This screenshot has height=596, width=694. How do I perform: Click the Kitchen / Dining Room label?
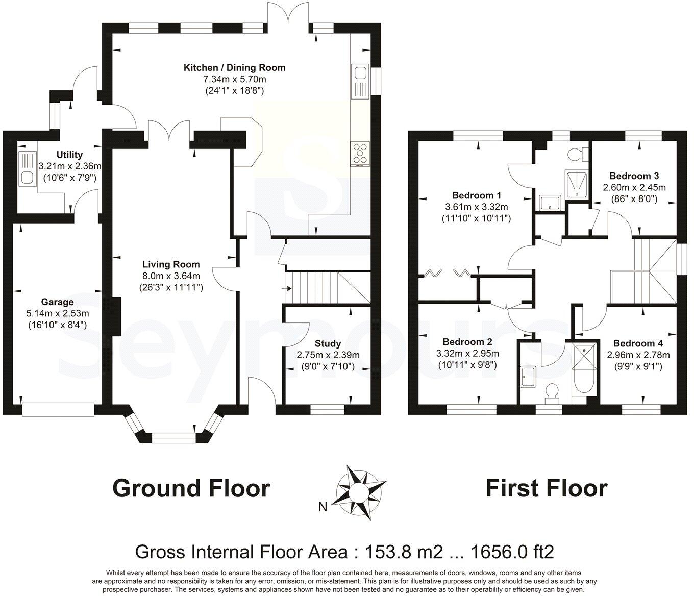coord(234,68)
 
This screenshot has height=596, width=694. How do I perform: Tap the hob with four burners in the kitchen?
coord(360,154)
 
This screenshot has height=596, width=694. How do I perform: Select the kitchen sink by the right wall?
coord(360,82)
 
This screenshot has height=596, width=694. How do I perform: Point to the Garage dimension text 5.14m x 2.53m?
coord(58,314)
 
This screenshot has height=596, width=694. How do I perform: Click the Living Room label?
coord(171,264)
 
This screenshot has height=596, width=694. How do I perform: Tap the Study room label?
coord(328,343)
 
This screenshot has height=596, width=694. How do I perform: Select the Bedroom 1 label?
coord(477,195)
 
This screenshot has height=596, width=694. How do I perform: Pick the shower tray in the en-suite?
coord(577,185)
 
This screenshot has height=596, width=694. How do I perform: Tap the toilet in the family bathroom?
coord(552,393)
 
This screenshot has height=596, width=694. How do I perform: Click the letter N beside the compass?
coord(323,507)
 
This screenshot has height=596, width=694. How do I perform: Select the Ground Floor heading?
coord(191,488)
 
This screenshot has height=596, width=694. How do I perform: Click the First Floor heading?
coord(546,488)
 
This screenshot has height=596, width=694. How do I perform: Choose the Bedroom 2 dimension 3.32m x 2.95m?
coord(467,353)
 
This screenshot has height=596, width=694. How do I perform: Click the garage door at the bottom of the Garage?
coord(58,410)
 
